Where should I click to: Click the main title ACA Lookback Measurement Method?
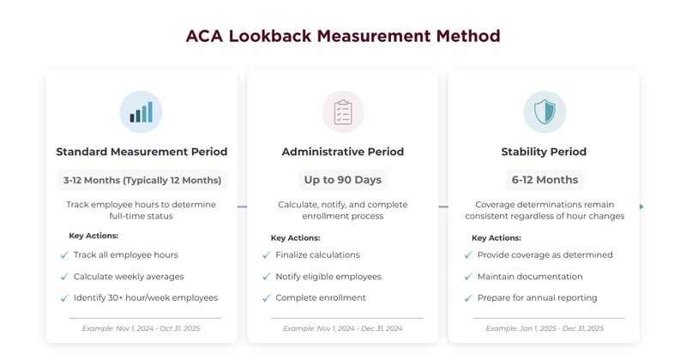tap(343, 36)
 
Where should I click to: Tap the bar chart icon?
tap(141, 112)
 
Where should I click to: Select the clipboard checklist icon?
tap(343, 112)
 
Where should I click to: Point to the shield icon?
tap(545, 112)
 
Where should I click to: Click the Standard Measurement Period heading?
tap(141, 152)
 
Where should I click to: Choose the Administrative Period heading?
tap(343, 152)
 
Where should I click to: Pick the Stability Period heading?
tap(545, 152)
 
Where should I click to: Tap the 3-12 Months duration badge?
tap(141, 180)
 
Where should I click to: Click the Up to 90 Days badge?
tap(343, 180)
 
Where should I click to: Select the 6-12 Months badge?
tap(545, 180)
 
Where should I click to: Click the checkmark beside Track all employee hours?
tap(64, 255)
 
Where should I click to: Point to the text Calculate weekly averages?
tap(129, 276)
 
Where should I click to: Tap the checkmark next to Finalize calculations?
tap(266, 255)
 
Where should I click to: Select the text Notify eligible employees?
tap(328, 276)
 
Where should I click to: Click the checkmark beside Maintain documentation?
tap(467, 276)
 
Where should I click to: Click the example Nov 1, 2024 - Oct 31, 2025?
tap(141, 328)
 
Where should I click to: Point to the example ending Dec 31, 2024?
tap(343, 328)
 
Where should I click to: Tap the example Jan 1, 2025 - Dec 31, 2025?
tap(545, 328)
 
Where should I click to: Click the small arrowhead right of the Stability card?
tap(641, 207)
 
